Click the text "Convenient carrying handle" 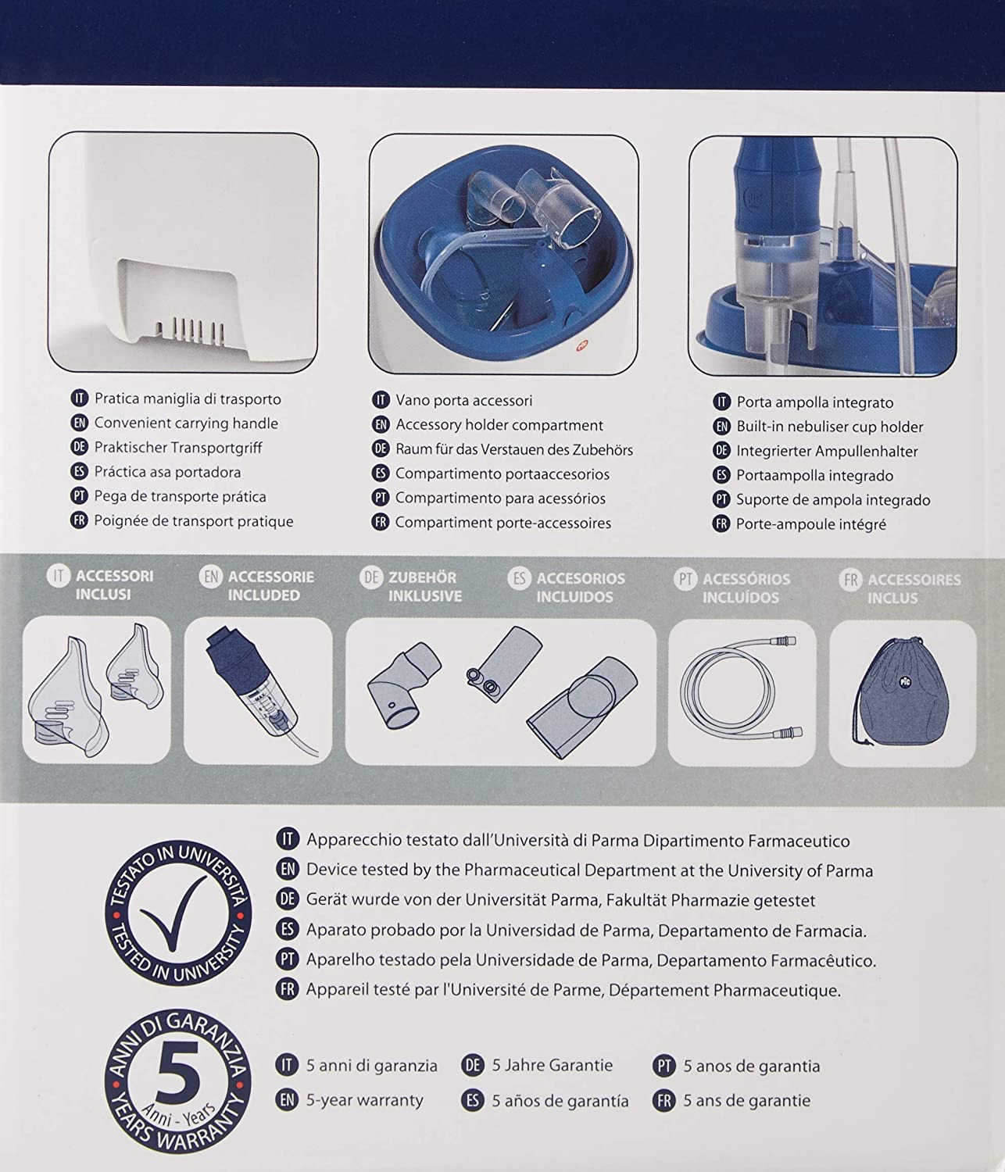(x=186, y=423)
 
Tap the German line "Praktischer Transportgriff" (x=178, y=448)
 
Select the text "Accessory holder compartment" (x=499, y=425)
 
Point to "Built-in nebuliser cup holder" (x=830, y=427)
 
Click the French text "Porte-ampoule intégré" (x=811, y=524)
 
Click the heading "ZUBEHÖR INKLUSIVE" (x=424, y=587)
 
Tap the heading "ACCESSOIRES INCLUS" (x=914, y=588)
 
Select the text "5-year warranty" (x=365, y=1100)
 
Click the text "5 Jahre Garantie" (x=552, y=1065)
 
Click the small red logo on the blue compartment (x=581, y=345)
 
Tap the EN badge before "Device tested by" (x=288, y=869)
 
